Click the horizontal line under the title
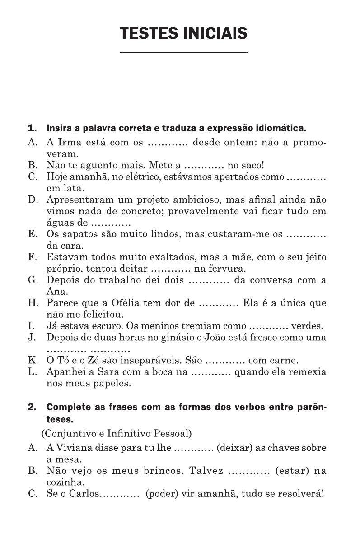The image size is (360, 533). click(x=183, y=53)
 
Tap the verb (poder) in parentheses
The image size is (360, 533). click(x=161, y=494)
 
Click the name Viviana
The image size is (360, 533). click(x=74, y=448)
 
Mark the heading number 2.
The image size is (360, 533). click(x=32, y=407)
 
